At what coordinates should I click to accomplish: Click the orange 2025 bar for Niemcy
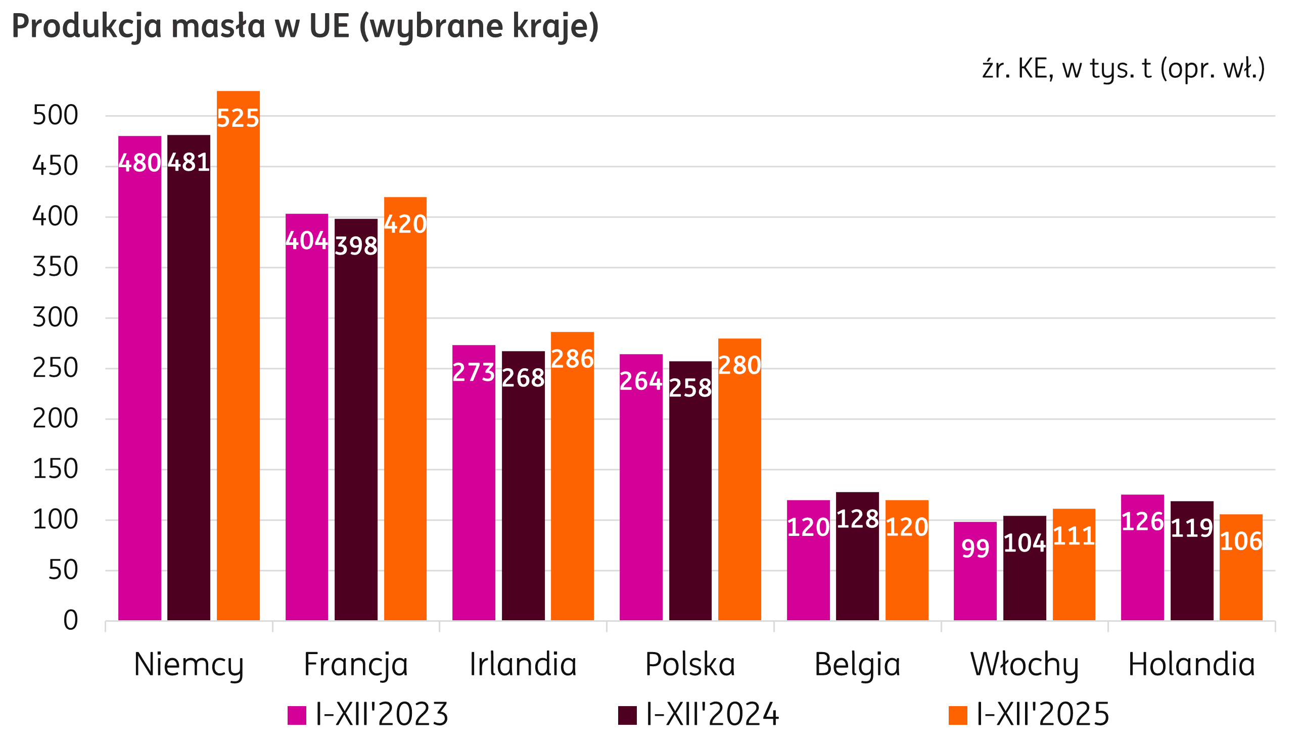(238, 357)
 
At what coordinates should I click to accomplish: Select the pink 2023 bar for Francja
(306, 418)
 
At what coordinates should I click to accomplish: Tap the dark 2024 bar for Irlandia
(523, 485)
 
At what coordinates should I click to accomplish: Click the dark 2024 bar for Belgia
(857, 561)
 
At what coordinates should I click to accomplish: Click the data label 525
(238, 118)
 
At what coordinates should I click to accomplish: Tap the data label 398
(356, 246)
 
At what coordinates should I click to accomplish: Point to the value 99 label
(975, 549)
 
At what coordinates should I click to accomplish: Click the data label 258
(690, 388)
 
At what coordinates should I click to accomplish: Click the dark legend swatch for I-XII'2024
(627, 715)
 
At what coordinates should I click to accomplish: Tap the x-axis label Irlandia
(523, 664)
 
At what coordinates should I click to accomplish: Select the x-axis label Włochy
(1024, 664)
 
